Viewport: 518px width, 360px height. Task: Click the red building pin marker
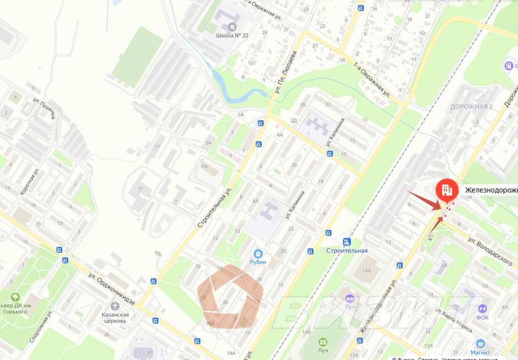pyautogui.click(x=446, y=191)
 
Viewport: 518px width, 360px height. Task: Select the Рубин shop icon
pyautogui.click(x=258, y=252)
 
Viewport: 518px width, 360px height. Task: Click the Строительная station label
pyautogui.click(x=347, y=250)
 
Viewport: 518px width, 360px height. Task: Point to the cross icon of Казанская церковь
pyautogui.click(x=116, y=306)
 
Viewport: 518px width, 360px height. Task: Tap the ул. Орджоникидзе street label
pyautogui.click(x=111, y=287)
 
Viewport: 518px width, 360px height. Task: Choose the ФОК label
pyautogui.click(x=483, y=317)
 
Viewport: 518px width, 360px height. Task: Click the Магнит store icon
pyautogui.click(x=480, y=343)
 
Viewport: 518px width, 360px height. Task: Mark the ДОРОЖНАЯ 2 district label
pyautogui.click(x=471, y=106)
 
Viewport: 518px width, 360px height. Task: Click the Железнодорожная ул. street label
pyautogui.click(x=378, y=306)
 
